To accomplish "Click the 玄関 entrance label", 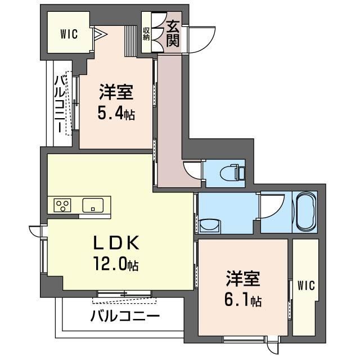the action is [x=173, y=34].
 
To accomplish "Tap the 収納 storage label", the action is [x=146, y=34].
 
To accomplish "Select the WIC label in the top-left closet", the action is [x=69, y=34].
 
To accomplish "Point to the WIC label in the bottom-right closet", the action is [x=306, y=285].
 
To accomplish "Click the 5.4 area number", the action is [x=111, y=114].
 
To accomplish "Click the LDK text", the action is [x=116, y=242].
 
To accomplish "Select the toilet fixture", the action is [x=232, y=172].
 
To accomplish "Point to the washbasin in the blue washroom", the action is [x=210, y=226].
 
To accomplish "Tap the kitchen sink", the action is [x=93, y=205].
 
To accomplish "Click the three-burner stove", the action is [x=62, y=205].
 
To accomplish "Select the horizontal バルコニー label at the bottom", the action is [x=125, y=316].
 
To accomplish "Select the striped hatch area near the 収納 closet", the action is [x=130, y=41].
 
